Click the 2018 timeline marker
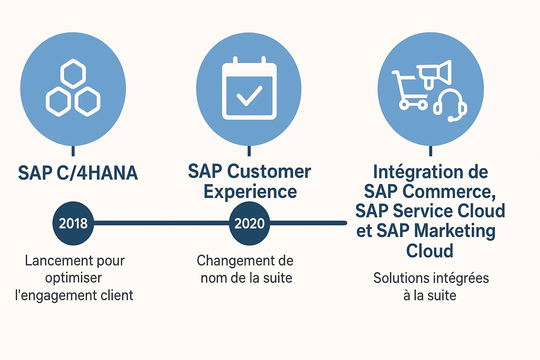[x=73, y=223]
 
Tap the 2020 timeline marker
[x=249, y=223]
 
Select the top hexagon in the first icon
[x=73, y=74]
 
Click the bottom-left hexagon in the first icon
[x=58, y=102]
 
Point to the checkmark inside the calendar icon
[x=249, y=96]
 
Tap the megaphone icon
[x=435, y=74]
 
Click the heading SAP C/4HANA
[x=78, y=173]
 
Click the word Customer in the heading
[x=269, y=172]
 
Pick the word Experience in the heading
[x=250, y=192]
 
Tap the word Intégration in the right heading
[x=413, y=172]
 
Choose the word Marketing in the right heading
[x=454, y=231]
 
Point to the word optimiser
[x=73, y=278]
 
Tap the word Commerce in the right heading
[x=449, y=192]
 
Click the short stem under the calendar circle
[x=249, y=151]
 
